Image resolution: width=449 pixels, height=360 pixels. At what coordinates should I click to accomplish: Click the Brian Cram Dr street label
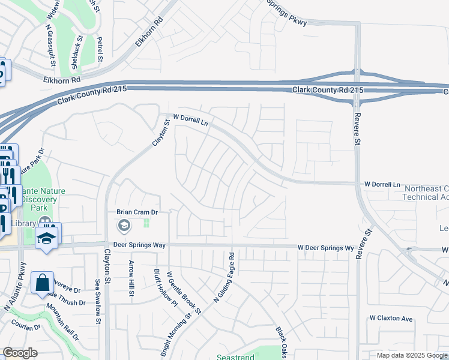click(137, 212)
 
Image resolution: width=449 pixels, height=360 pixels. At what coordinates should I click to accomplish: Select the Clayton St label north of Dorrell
click(160, 133)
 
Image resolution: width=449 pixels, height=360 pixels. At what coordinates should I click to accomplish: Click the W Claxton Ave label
click(391, 318)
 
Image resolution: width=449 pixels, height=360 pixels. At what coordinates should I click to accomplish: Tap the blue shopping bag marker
click(43, 283)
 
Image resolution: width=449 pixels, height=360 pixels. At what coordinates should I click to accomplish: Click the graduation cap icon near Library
click(46, 238)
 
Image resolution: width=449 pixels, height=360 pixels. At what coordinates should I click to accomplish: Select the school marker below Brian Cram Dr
click(124, 226)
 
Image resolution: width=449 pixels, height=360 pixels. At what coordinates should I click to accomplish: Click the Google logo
click(20, 353)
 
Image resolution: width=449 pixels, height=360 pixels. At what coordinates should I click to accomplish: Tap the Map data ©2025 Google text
click(412, 355)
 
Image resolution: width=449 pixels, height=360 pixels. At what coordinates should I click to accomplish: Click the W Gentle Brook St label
click(183, 292)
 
